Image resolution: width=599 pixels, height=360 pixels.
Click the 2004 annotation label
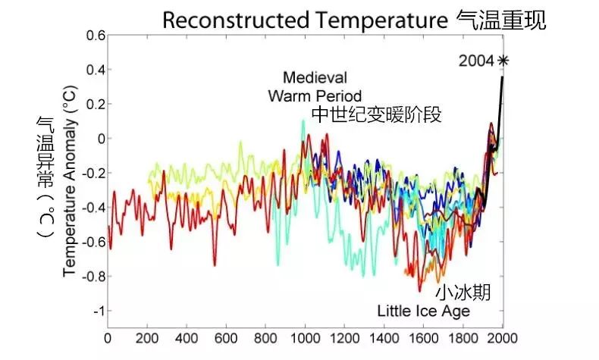click(x=475, y=60)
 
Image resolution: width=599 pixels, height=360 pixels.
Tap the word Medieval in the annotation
click(x=315, y=77)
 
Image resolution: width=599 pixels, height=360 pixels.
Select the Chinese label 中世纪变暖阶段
click(x=376, y=114)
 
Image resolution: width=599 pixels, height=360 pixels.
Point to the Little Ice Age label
click(x=423, y=311)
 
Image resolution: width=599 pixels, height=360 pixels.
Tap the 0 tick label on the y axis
click(x=99, y=139)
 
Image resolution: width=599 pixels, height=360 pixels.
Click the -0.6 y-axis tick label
click(x=92, y=243)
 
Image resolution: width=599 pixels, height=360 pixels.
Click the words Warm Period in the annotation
click(x=314, y=95)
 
